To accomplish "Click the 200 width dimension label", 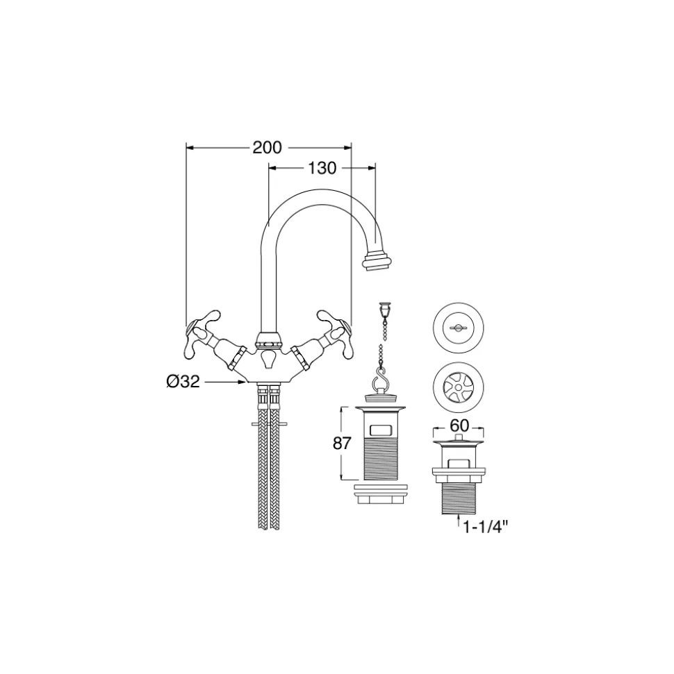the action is (x=267, y=147).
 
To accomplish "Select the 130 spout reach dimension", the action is (x=322, y=168).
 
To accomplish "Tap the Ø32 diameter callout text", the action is (x=183, y=381).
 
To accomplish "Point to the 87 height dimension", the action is (x=342, y=443).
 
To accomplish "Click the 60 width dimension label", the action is (x=459, y=426).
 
